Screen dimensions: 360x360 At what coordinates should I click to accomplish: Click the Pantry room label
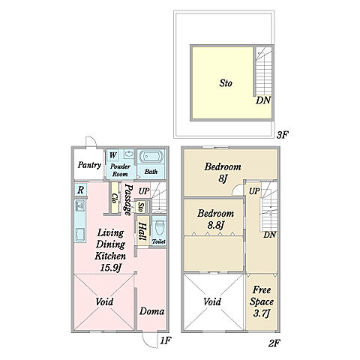(89, 165)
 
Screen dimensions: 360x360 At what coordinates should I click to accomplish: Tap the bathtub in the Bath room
(150, 157)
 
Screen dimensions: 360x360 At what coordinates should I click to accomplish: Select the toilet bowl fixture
(159, 228)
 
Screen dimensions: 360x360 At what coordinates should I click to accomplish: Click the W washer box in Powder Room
(112, 155)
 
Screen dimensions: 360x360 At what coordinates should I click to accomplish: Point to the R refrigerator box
(80, 190)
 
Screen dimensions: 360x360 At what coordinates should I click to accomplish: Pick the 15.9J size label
(110, 268)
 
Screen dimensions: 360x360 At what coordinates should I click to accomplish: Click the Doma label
(151, 311)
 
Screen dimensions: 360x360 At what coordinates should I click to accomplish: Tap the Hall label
(142, 232)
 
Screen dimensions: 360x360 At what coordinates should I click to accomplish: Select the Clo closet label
(115, 198)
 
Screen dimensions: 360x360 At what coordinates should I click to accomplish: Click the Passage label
(128, 199)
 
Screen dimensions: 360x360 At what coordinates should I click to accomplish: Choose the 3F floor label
(283, 135)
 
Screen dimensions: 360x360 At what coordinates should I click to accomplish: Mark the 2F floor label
(274, 343)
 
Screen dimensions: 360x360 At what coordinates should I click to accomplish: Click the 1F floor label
(166, 340)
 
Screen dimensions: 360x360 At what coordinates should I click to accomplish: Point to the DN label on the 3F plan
(263, 100)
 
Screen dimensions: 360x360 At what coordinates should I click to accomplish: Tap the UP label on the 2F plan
(254, 191)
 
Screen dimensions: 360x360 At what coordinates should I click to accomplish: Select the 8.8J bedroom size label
(215, 225)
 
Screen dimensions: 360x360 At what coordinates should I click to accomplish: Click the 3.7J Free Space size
(261, 313)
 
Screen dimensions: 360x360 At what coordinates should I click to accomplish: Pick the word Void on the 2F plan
(212, 301)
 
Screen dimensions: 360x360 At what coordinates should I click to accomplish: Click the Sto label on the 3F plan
(226, 83)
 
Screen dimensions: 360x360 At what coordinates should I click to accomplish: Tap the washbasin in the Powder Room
(129, 154)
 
